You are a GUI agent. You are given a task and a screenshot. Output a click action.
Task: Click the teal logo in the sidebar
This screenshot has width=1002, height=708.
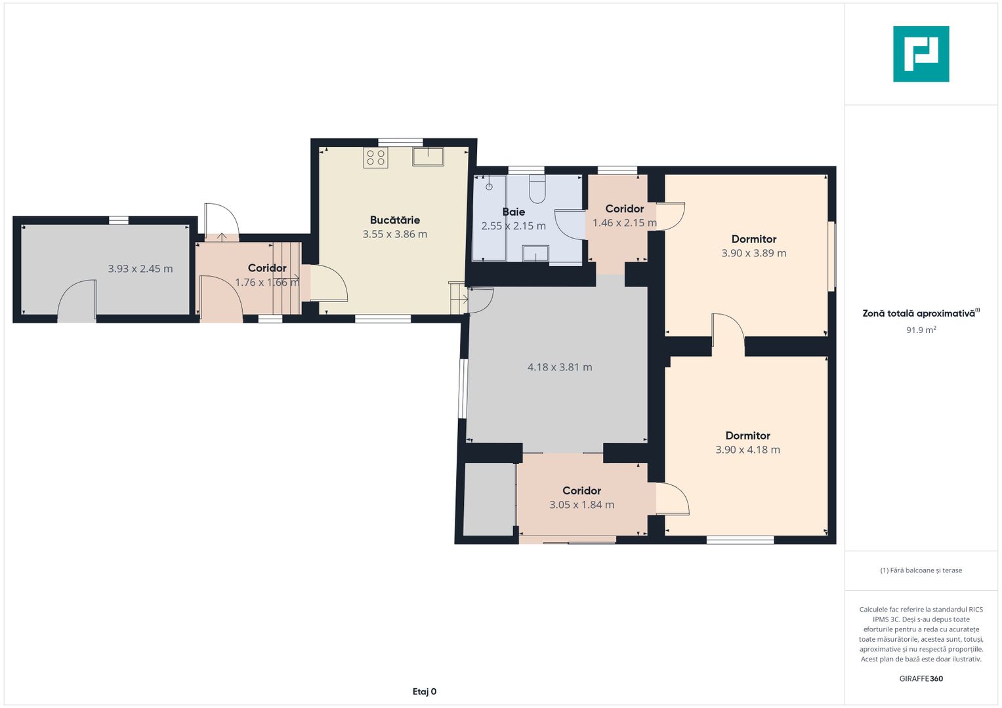pos(921,54)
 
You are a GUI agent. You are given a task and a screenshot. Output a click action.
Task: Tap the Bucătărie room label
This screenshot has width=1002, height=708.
pos(394,220)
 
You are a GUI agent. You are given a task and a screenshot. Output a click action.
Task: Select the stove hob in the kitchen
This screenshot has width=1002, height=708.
pos(375,158)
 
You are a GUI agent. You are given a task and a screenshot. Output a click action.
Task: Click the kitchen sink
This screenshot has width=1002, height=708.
pos(428,157)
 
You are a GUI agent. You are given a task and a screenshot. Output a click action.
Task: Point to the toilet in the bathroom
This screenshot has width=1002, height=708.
pos(537,189)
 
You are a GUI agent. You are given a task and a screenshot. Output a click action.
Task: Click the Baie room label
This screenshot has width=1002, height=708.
pos(514,212)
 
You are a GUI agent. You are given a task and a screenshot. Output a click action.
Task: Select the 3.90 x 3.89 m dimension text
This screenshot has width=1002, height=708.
pos(753,253)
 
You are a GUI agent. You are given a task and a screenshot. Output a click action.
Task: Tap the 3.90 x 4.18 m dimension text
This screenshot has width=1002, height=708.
pos(747,450)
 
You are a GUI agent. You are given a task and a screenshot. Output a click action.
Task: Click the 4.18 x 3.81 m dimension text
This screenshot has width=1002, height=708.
pos(560,367)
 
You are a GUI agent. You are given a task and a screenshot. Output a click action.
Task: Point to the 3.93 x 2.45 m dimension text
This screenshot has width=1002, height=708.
pos(140,269)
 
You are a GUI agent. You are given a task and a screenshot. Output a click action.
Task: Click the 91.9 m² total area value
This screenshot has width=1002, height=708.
pos(921,330)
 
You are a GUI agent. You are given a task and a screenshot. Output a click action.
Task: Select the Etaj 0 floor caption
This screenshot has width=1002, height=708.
pos(424,692)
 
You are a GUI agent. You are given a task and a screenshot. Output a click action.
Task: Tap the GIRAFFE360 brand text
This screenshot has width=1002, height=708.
pos(921,678)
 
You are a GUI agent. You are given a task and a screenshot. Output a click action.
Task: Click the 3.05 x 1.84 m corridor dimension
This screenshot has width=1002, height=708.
pos(581,505)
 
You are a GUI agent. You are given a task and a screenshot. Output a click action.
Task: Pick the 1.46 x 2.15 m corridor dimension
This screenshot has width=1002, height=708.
pos(625,223)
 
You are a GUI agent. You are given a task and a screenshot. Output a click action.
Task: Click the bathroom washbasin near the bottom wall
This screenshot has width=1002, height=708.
pos(535,254)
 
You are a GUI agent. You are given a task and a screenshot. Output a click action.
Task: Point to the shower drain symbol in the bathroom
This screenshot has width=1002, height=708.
pos(489,186)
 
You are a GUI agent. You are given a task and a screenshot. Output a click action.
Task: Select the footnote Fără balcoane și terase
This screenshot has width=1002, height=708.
pos(921,570)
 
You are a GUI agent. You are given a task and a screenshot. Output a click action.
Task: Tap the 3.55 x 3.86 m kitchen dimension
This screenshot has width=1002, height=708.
pos(394,234)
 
